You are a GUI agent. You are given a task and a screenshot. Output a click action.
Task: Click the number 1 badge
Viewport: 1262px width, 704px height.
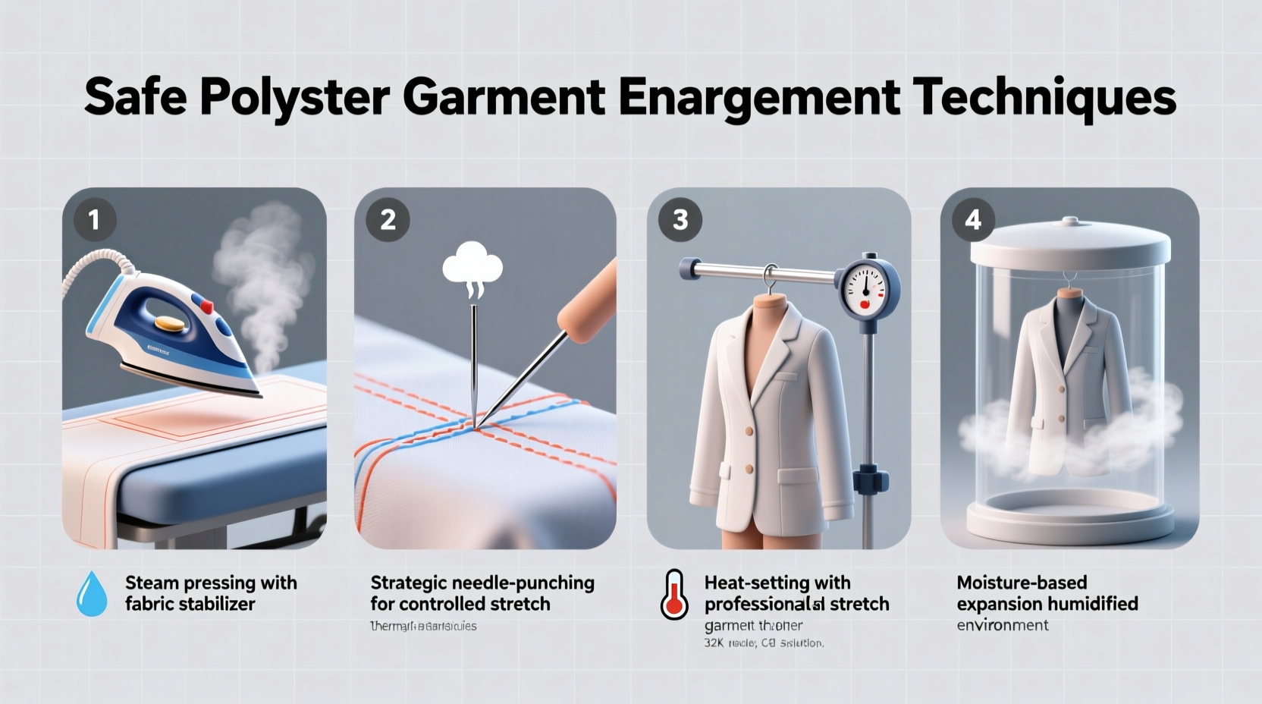click(95, 220)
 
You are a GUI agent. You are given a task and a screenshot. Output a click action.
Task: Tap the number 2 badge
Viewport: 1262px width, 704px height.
click(388, 220)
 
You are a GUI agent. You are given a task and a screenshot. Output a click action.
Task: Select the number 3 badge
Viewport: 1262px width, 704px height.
click(680, 220)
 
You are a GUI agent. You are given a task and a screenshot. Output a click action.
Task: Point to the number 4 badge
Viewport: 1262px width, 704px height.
click(973, 220)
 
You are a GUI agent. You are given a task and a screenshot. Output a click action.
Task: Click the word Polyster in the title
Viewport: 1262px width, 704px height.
click(294, 97)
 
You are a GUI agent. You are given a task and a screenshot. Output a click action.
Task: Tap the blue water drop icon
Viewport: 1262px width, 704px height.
click(92, 594)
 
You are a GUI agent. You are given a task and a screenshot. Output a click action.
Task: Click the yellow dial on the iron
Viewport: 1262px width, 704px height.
click(170, 324)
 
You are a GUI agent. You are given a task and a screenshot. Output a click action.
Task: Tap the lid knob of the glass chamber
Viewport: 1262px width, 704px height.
click(1070, 222)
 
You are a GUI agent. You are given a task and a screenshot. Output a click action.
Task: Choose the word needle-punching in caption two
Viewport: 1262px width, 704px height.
click(523, 583)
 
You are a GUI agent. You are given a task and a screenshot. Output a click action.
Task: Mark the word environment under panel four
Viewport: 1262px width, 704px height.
click(1002, 626)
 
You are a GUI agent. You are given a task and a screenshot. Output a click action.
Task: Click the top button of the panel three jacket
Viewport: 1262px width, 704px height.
click(749, 432)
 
